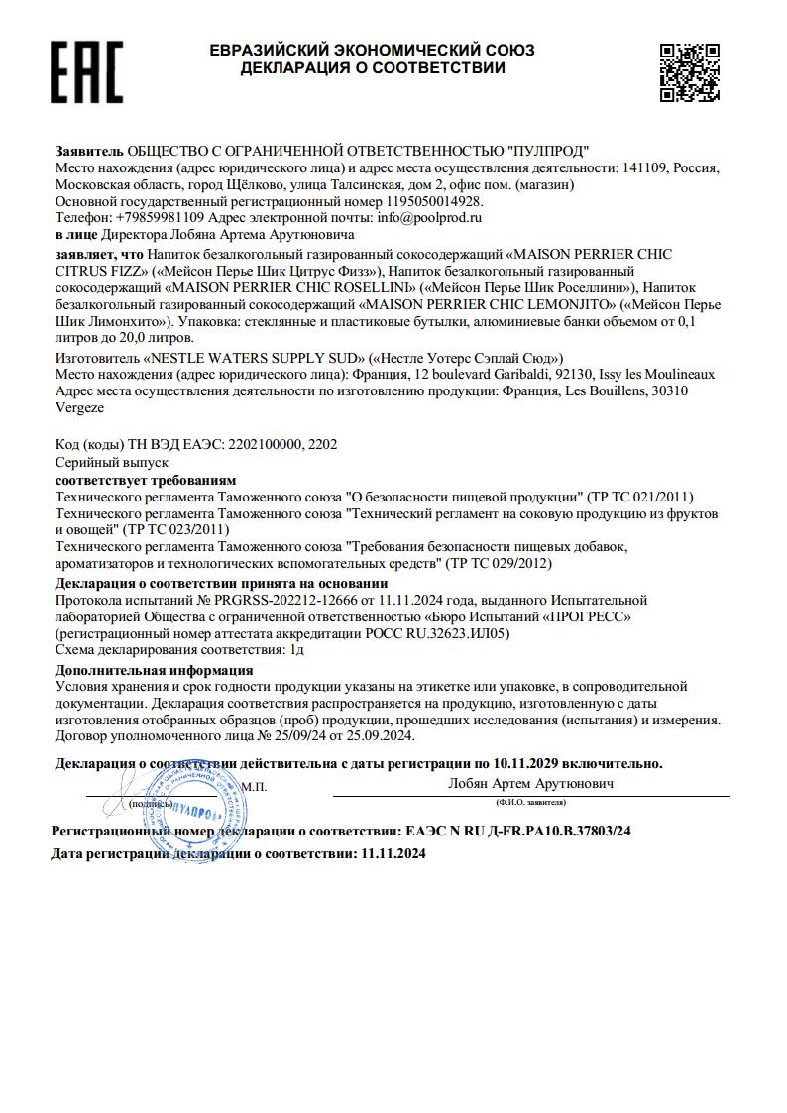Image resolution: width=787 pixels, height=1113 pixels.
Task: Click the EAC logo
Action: pyautogui.click(x=88, y=71)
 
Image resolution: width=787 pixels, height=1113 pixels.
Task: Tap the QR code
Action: pyautogui.click(x=690, y=71)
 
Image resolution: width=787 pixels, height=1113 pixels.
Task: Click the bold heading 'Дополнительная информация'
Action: pyautogui.click(x=154, y=670)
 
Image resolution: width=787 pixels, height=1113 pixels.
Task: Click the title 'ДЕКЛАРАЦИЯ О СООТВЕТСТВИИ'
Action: pyautogui.click(x=373, y=68)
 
